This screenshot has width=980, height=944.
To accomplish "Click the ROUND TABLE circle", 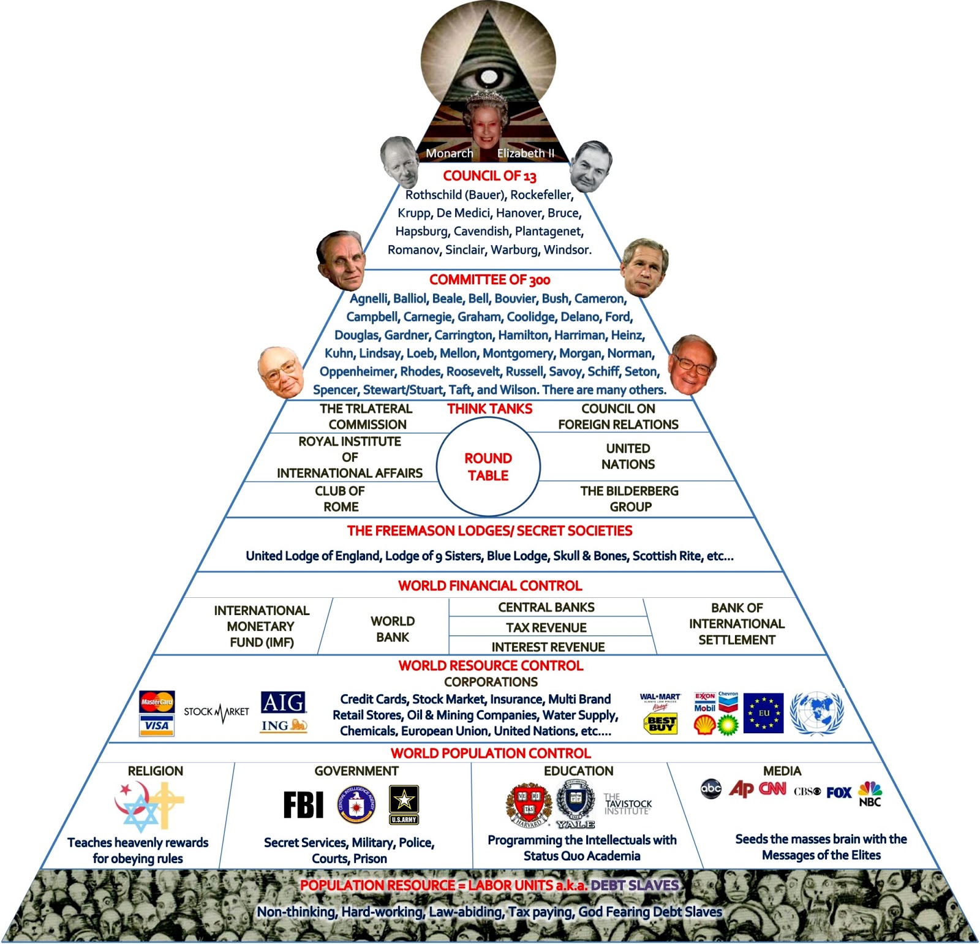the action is click(488, 467).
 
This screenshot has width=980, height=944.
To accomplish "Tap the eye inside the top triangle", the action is click(488, 78).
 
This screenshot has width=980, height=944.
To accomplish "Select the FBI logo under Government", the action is click(303, 804).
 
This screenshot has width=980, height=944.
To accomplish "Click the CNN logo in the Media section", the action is click(772, 789).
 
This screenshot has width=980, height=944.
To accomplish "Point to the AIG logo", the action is click(283, 702).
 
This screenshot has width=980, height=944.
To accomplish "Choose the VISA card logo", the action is click(157, 726).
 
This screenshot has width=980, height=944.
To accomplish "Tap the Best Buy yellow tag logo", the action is click(661, 724).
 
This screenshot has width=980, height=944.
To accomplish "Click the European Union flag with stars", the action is click(763, 713).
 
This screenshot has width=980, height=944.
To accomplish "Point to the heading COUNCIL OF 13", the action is click(489, 176).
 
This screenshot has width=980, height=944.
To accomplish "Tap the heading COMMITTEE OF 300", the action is click(489, 280).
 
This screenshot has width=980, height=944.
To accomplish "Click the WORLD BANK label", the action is click(393, 629).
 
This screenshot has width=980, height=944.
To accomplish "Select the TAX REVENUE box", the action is click(546, 627).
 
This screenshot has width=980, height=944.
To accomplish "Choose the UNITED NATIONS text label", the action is click(628, 456).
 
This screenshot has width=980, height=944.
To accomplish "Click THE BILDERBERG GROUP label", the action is click(630, 499).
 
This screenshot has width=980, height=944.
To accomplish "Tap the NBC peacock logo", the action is click(870, 793).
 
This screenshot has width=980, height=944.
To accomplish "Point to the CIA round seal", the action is click(356, 804).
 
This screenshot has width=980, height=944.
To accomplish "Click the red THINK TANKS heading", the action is click(489, 409).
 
